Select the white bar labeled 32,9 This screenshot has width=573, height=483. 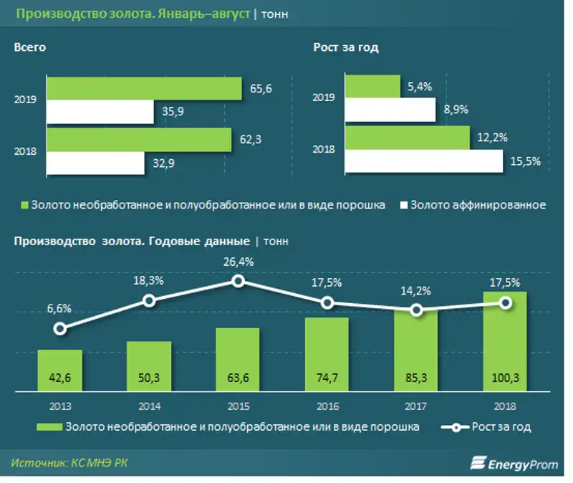coord(100,164)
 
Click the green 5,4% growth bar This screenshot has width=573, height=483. coord(372,86)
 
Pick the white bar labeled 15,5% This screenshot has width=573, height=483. coord(423,161)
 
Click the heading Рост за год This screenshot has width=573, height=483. coord(346,47)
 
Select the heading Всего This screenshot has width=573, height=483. coord(29,47)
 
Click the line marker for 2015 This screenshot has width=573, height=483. coord(238,282)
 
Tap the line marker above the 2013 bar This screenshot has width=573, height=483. coord(60,328)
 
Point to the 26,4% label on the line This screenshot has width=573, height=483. coord(239,262)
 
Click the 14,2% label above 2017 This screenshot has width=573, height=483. coord(418,291)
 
